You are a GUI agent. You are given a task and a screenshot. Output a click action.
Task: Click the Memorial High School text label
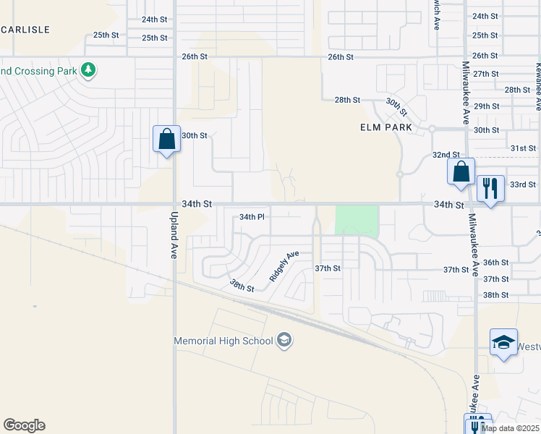coord(223,341)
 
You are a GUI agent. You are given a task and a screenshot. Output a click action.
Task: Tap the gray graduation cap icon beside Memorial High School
coord(284,341)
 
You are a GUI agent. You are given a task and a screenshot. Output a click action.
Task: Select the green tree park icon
coord(88,70)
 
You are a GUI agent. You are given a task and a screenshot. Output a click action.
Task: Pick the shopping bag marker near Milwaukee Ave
coord(461,172)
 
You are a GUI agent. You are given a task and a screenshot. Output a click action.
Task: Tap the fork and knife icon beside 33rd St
coord(491,188)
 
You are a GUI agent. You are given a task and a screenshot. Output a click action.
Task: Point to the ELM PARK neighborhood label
coord(385,127)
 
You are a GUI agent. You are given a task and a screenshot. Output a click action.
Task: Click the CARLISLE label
coord(25,30)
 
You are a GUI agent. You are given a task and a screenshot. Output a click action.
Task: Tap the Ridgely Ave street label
coord(284,265)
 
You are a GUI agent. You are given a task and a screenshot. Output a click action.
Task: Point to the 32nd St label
coord(446,155)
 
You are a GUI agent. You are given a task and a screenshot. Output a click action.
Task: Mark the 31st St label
coord(522,148)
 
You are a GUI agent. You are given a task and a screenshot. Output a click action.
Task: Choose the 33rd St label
coord(522,184)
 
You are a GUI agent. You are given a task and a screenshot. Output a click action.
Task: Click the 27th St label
coord(485,74)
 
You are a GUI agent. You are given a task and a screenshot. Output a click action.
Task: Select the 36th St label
coord(495,263)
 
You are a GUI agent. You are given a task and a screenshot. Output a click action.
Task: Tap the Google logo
coord(24,425)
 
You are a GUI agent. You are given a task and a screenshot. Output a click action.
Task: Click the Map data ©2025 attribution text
coord(510,428)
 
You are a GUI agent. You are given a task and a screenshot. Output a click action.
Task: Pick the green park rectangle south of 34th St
coord(357,221)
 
